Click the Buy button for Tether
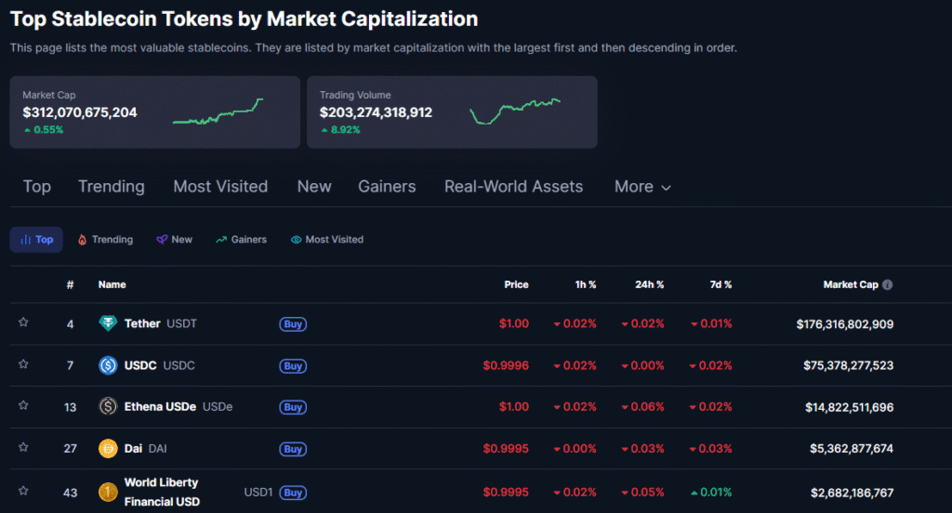click(x=293, y=324)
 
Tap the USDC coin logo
click(x=108, y=365)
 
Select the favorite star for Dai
click(x=23, y=448)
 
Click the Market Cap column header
click(x=850, y=284)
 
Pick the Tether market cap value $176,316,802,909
click(x=844, y=324)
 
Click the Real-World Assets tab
click(x=513, y=187)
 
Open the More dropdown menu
click(x=641, y=187)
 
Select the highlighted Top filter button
click(x=36, y=240)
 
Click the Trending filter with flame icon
click(x=105, y=240)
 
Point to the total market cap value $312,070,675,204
click(x=80, y=112)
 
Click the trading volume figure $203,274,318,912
click(x=376, y=112)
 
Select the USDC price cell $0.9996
click(x=506, y=365)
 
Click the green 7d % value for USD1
click(x=711, y=492)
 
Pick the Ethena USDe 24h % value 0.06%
click(x=643, y=407)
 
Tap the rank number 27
click(x=70, y=448)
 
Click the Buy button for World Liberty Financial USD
click(x=293, y=493)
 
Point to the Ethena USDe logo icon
click(x=108, y=407)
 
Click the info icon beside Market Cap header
click(x=887, y=284)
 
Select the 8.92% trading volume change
click(x=340, y=130)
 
